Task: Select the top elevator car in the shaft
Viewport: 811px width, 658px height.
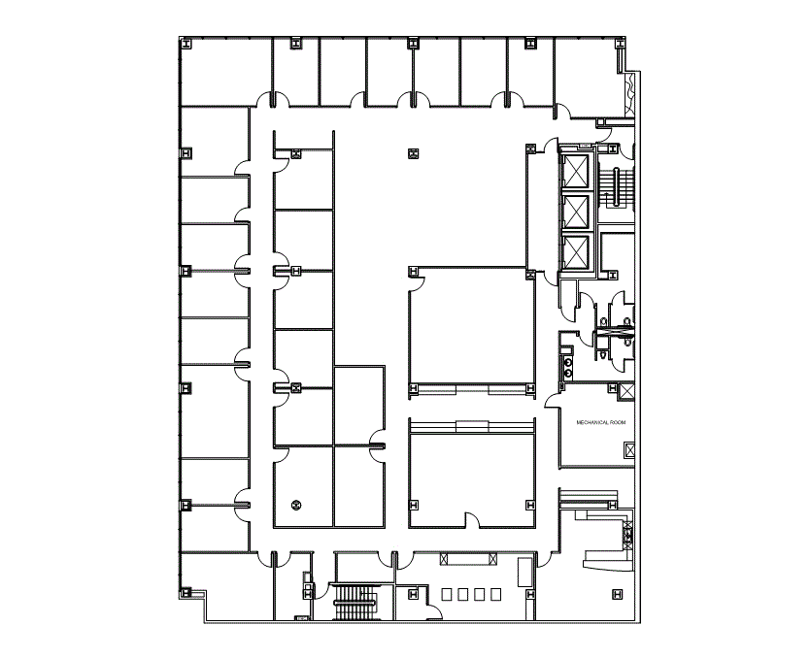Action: coord(578,172)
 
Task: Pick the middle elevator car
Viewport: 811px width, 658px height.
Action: coord(578,213)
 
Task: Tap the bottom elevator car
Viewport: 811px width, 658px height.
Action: coord(578,253)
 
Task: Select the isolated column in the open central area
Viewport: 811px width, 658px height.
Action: coord(414,151)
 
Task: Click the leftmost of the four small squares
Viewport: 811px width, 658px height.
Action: coord(448,593)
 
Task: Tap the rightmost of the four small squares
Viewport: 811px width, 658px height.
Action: coord(495,593)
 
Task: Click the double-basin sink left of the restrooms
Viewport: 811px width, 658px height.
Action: coord(568,364)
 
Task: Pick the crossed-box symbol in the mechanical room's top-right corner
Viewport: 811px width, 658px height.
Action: coord(627,393)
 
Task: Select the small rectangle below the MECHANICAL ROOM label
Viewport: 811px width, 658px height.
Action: coord(628,451)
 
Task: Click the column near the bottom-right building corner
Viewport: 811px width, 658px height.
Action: coord(614,594)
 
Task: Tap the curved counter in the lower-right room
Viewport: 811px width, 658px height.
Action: coord(600,558)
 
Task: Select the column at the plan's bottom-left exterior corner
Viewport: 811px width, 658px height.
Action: coord(185,594)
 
